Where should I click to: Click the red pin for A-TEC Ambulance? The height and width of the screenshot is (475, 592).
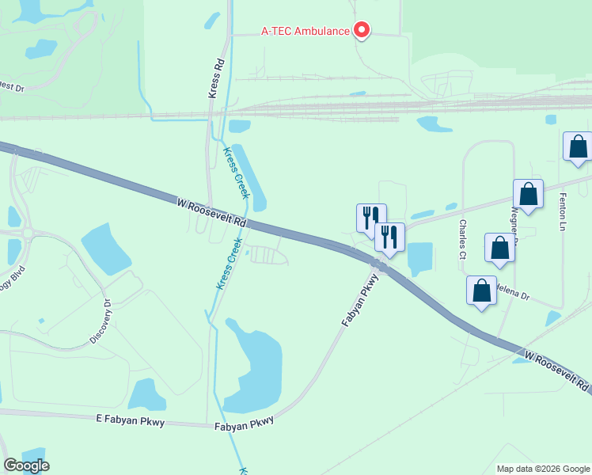(x=362, y=30)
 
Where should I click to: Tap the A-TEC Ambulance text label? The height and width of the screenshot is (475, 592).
(x=305, y=32)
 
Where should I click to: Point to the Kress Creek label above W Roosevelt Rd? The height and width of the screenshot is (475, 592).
(x=236, y=173)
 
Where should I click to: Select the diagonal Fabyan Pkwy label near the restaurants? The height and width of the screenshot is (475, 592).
(x=355, y=304)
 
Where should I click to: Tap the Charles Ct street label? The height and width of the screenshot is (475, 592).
(x=461, y=239)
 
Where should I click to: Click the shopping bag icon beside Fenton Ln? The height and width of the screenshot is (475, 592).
(x=578, y=147)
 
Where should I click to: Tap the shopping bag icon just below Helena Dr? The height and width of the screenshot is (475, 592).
(x=481, y=291)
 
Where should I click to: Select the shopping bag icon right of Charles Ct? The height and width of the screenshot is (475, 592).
(x=499, y=249)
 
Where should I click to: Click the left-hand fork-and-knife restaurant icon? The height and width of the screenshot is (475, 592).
(x=370, y=218)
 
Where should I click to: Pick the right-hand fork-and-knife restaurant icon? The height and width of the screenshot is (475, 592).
(x=389, y=237)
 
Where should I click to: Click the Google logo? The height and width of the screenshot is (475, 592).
(x=26, y=465)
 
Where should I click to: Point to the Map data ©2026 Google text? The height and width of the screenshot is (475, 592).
(x=542, y=469)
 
